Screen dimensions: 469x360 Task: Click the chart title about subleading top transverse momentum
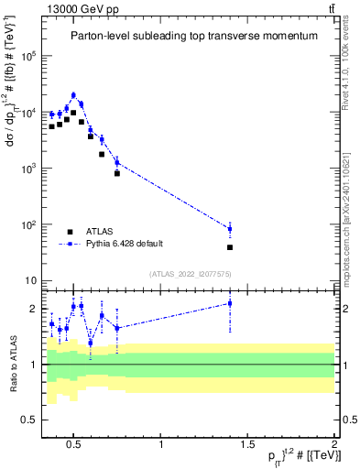click(194, 36)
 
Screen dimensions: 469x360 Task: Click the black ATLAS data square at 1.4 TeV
click(230, 247)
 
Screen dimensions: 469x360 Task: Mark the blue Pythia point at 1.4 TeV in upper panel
click(230, 228)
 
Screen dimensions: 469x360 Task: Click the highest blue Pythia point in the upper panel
click(73, 95)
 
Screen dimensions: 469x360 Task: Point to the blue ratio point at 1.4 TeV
click(230, 303)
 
